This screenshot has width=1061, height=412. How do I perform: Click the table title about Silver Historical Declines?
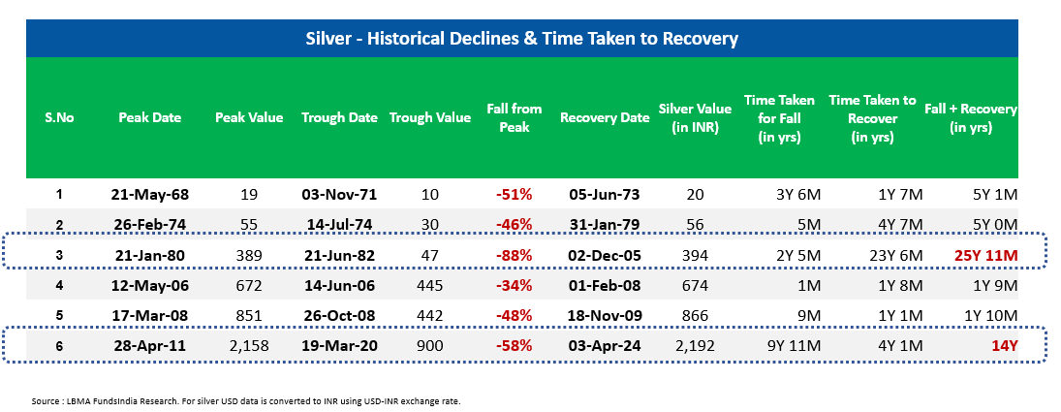click(x=521, y=39)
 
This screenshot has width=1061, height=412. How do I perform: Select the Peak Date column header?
click(x=149, y=117)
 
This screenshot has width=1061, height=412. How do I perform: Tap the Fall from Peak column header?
click(x=515, y=117)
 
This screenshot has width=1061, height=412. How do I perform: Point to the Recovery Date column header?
click(x=605, y=117)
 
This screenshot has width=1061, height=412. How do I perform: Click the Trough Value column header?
click(x=429, y=117)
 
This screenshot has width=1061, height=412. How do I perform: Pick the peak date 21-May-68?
click(x=149, y=195)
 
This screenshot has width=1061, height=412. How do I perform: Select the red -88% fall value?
click(x=515, y=256)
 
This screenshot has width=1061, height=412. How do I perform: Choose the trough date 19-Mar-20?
click(x=339, y=346)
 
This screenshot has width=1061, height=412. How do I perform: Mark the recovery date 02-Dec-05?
click(x=605, y=256)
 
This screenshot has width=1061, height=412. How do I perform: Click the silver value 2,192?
click(x=694, y=346)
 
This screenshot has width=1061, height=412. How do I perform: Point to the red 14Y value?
click(x=1004, y=346)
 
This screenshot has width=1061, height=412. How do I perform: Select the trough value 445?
click(x=429, y=285)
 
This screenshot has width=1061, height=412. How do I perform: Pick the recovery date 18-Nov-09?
click(x=605, y=315)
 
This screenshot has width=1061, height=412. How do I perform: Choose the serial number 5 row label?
click(x=59, y=315)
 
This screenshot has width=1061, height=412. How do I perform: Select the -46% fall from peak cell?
click(x=515, y=225)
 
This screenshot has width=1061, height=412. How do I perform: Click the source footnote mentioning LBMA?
click(x=245, y=401)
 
